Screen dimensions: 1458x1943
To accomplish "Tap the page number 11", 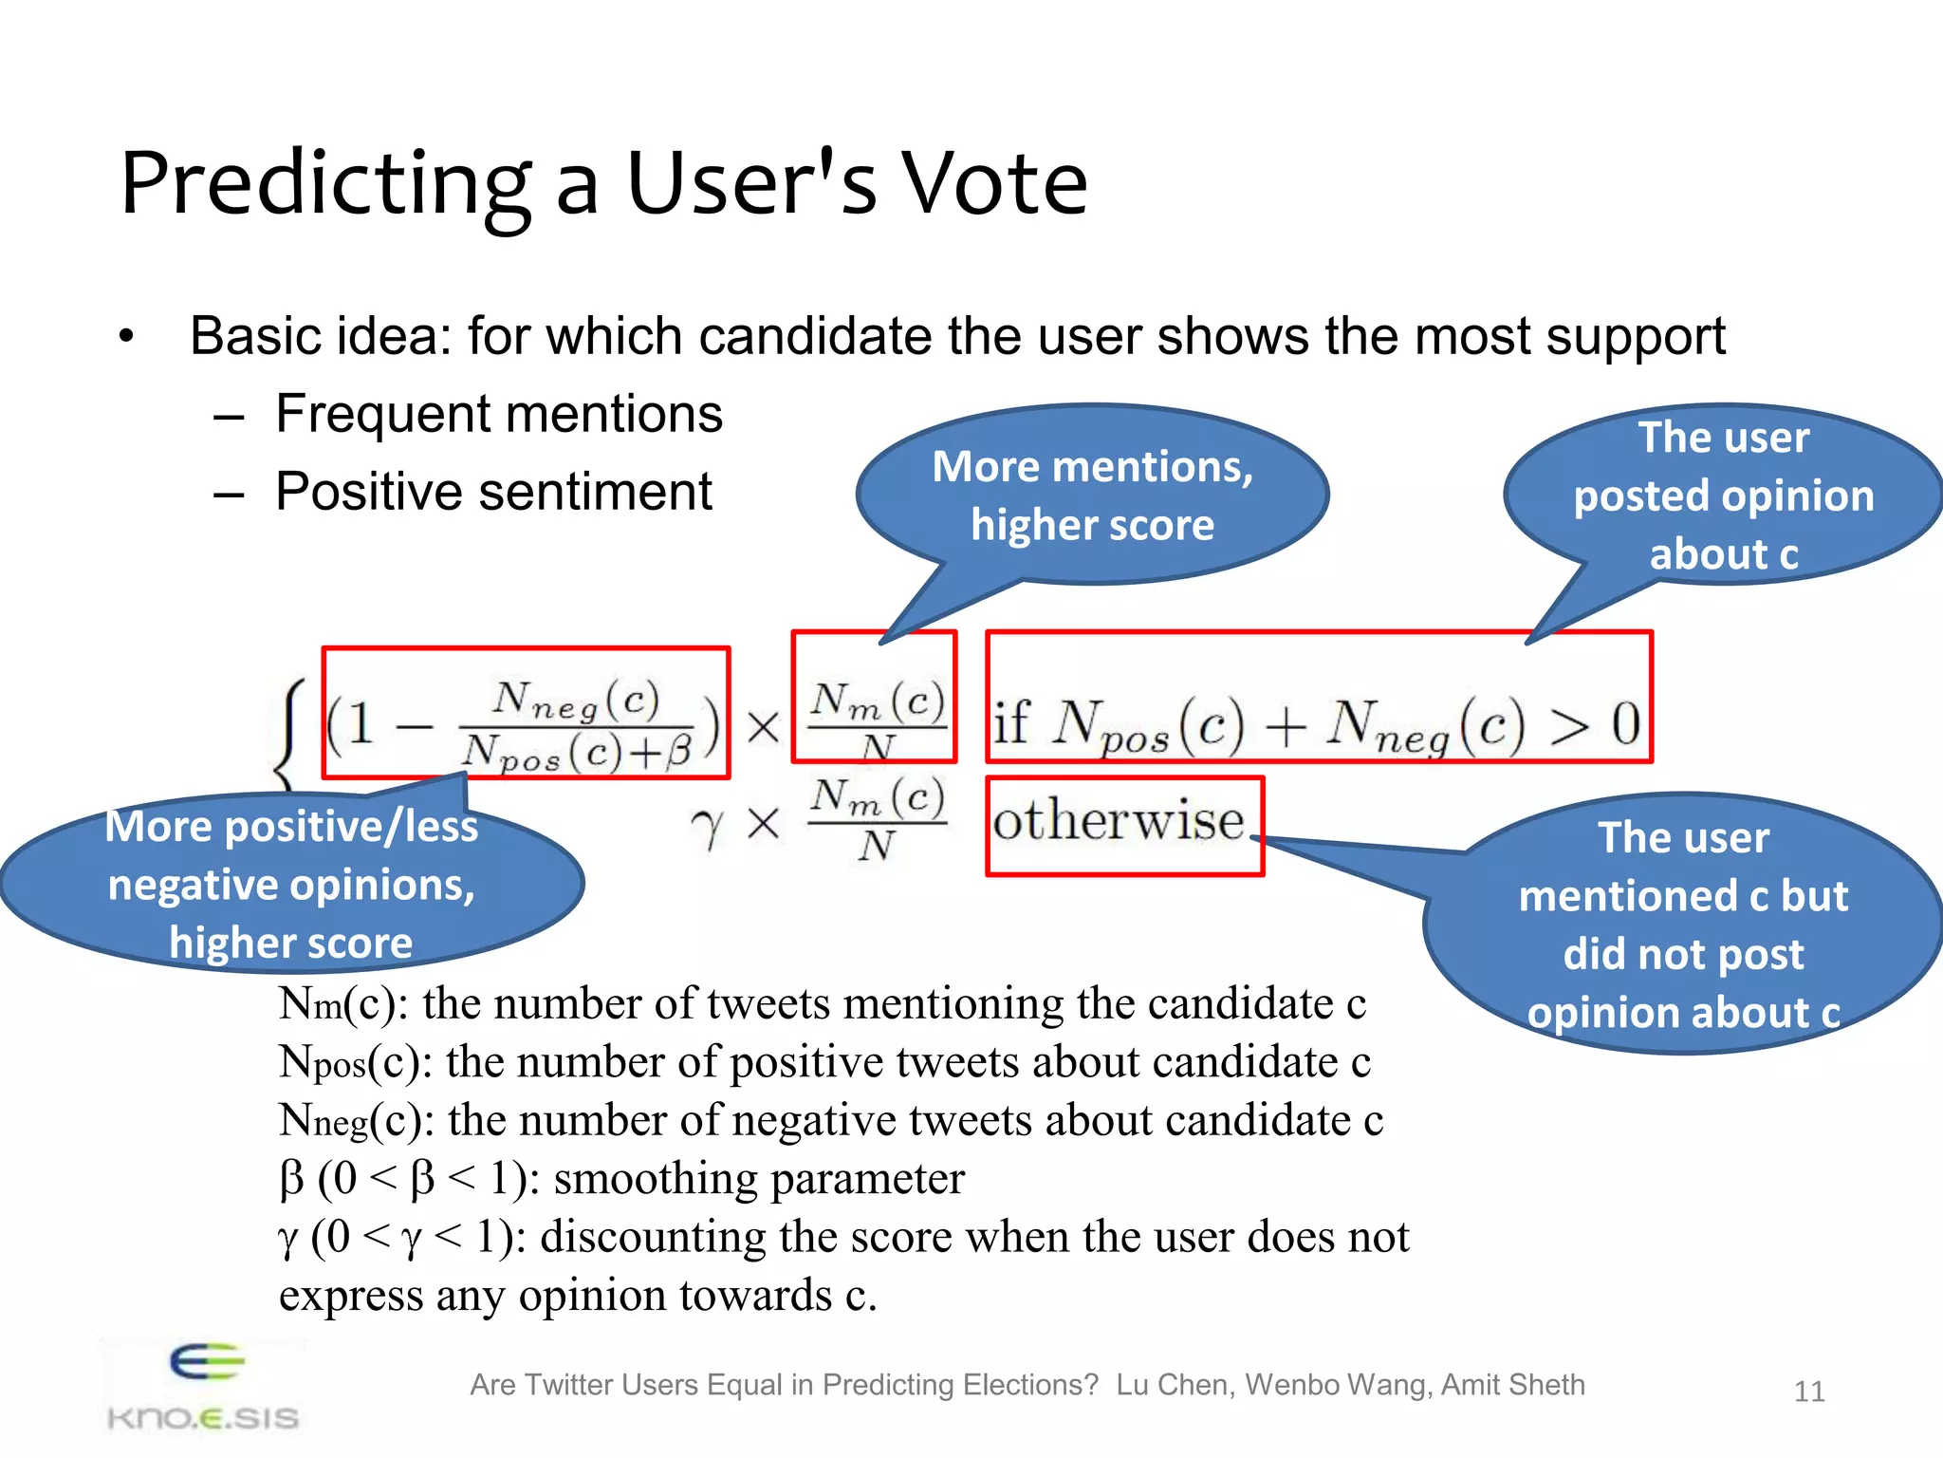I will [x=1809, y=1392].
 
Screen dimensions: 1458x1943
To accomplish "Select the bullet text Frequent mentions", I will [x=499, y=415].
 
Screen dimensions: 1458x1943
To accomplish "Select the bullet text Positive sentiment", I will [x=493, y=492].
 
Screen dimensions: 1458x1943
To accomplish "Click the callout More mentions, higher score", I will [x=1092, y=495].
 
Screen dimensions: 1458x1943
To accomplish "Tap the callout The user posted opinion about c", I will [x=1723, y=495].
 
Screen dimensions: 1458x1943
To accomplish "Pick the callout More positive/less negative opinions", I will [x=290, y=884].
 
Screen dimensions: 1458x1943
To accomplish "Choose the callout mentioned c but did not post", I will [x=1683, y=924].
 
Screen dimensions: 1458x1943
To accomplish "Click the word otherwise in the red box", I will [x=1119, y=821].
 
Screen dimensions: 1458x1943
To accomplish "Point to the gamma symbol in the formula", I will [x=707, y=828].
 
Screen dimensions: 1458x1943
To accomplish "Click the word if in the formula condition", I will [x=1011, y=723].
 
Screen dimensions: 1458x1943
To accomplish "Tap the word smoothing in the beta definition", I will [x=655, y=1179].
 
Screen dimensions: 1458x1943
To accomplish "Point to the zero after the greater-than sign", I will [x=1625, y=723].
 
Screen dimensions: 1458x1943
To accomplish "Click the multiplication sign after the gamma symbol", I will [x=763, y=824].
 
